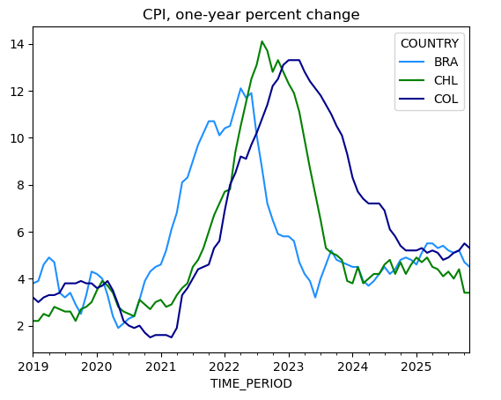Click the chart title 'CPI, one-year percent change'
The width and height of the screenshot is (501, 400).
point(251,15)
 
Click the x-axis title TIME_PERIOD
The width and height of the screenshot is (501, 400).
point(251,383)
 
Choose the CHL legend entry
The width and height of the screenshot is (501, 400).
point(445,81)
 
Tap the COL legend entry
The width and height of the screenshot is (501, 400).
point(445,99)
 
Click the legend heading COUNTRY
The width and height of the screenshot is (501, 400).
point(428,44)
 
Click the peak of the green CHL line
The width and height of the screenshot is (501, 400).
point(262,41)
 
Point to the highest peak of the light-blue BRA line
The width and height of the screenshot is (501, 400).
point(240,88)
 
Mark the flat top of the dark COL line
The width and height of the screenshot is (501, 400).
point(294,60)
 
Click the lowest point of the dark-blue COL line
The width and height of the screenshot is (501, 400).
point(151,337)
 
